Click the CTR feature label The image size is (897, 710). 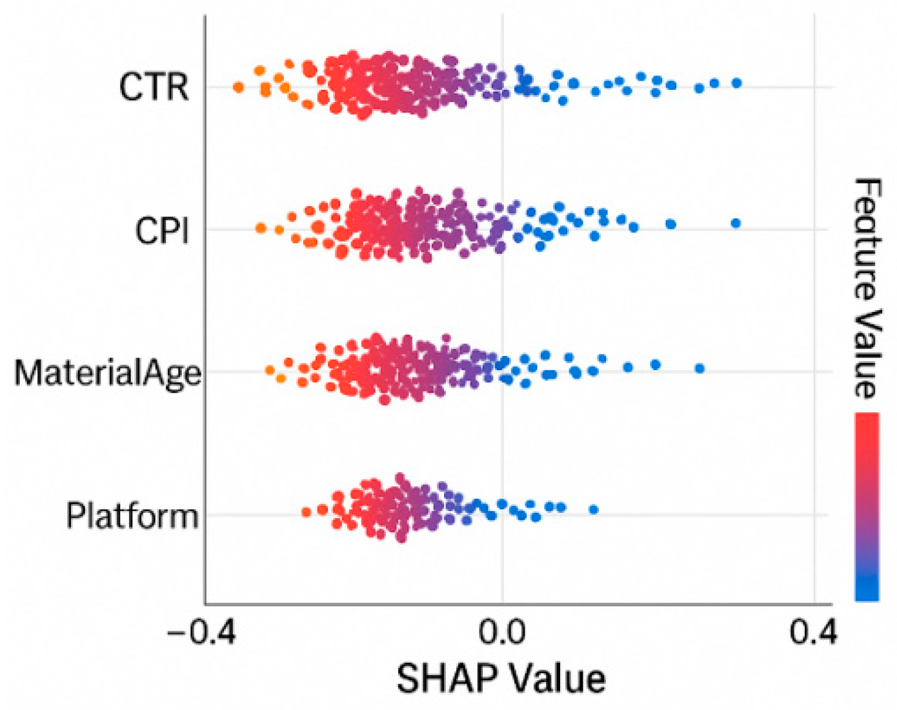point(154,87)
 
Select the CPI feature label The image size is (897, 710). point(161,230)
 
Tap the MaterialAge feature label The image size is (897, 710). point(107,373)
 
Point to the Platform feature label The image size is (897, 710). point(132,516)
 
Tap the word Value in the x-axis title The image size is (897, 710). point(556,679)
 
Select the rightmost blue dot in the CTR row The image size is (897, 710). point(736,83)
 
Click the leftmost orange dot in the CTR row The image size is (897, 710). point(238,87)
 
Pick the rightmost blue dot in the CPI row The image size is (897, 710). point(736,224)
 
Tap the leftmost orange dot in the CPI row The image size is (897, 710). point(261,228)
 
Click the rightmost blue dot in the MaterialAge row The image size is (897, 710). point(700,368)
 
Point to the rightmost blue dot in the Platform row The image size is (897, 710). point(594,510)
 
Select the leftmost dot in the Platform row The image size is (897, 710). point(307,512)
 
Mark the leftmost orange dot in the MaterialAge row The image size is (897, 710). point(270,370)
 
